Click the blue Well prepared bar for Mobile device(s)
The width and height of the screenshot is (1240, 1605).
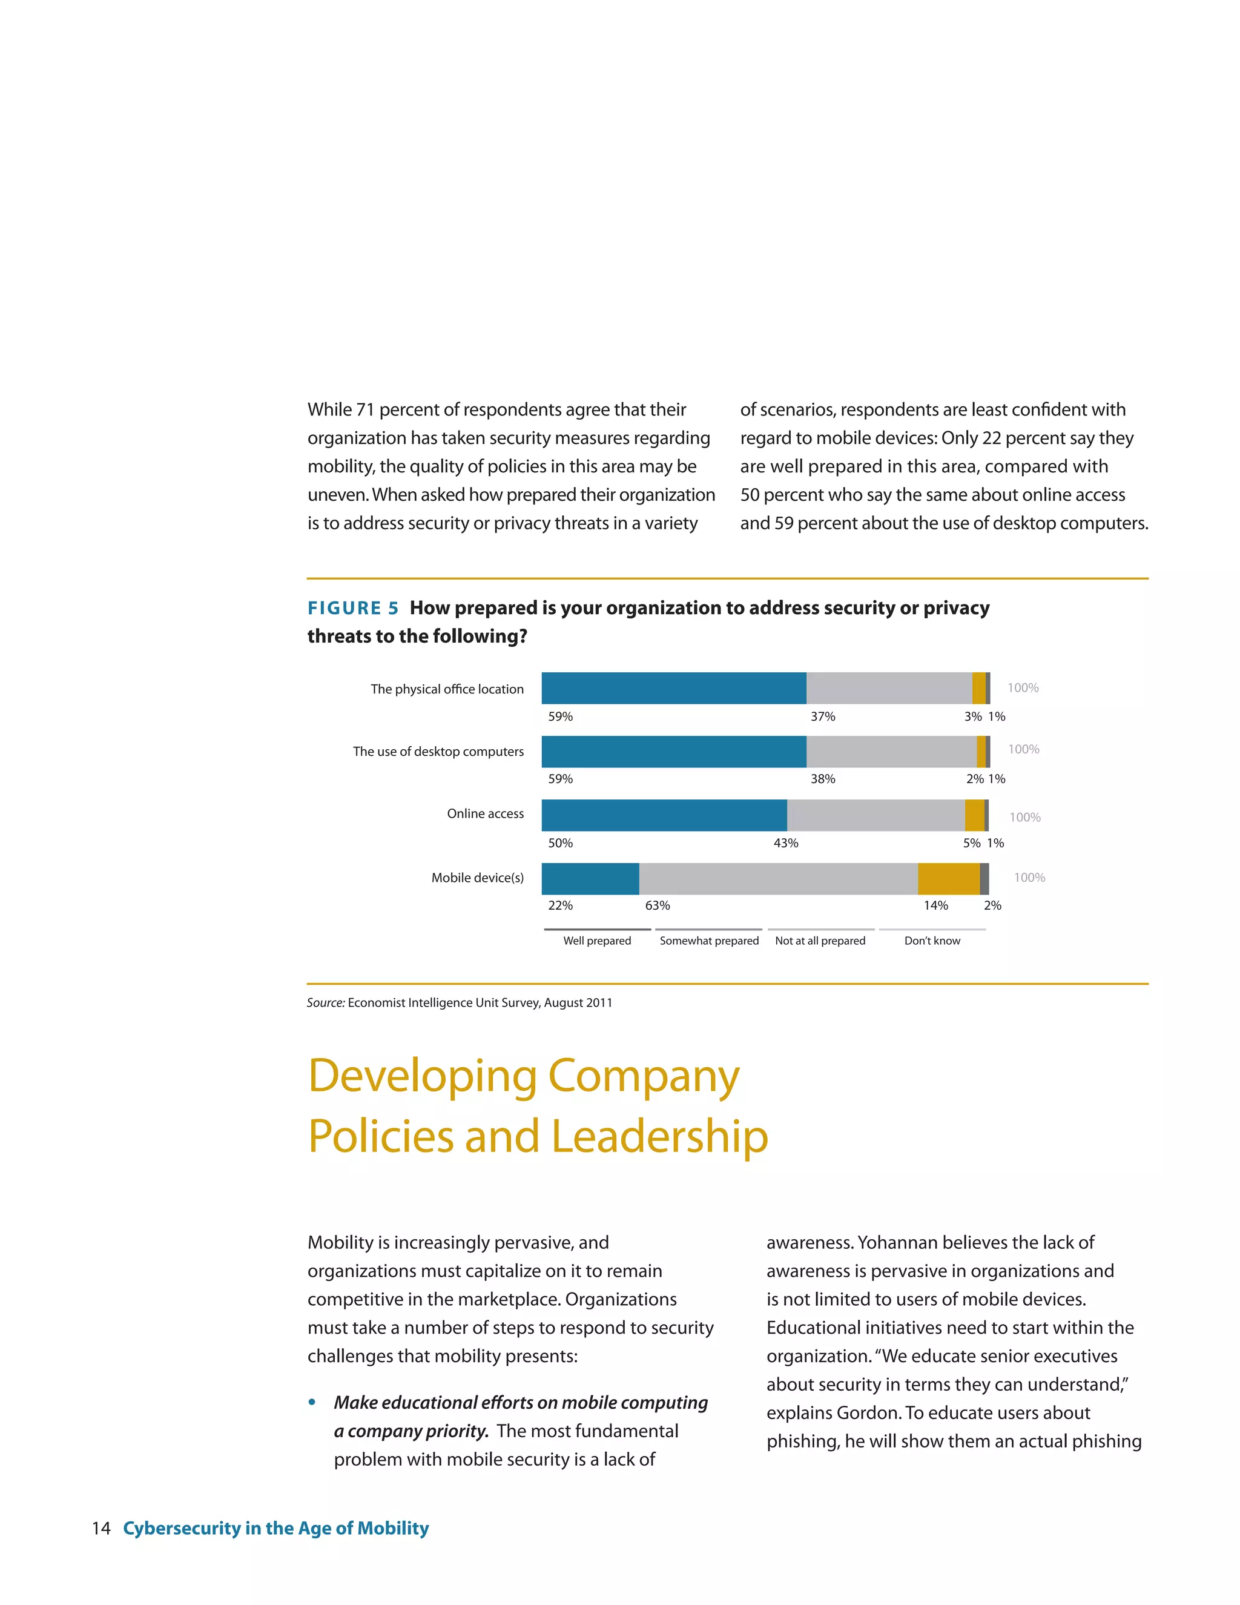pos(590,878)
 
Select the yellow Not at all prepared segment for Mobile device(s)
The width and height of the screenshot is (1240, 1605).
pos(948,878)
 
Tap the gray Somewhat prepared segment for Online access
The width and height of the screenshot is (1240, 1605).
pos(876,815)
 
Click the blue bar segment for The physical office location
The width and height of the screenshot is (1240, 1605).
pos(674,688)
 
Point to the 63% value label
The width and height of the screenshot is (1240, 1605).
pos(658,905)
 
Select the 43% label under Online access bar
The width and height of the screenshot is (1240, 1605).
pos(785,843)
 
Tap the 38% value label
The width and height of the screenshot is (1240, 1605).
pos(823,779)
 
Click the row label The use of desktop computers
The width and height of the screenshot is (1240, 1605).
pos(438,751)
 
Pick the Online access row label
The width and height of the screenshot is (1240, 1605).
pos(485,813)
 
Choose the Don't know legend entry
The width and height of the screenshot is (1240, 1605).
pos(931,941)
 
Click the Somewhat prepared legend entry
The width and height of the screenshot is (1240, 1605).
pos(709,941)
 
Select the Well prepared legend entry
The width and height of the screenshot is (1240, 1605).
pos(596,941)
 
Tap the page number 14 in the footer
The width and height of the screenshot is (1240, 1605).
pos(101,1528)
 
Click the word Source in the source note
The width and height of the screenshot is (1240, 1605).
pos(325,1002)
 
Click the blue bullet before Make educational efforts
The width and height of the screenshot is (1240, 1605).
pos(312,1402)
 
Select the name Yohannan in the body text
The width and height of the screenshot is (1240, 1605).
pos(897,1243)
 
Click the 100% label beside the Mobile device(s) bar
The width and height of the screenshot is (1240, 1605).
pos(1029,878)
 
